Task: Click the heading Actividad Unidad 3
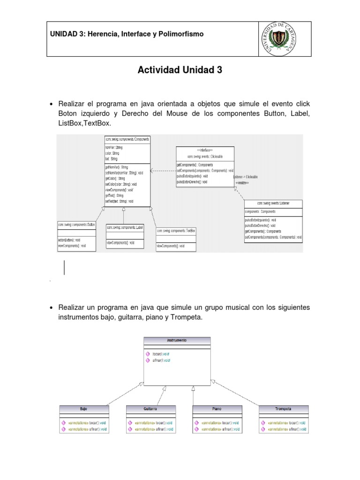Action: pyautogui.click(x=180, y=70)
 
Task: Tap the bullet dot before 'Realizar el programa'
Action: pyautogui.click(x=51, y=104)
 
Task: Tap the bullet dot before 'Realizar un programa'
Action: pyautogui.click(x=51, y=307)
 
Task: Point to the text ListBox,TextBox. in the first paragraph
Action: pyautogui.click(x=85, y=123)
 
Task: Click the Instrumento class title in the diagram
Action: pyautogui.click(x=177, y=340)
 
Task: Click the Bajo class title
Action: pyautogui.click(x=84, y=409)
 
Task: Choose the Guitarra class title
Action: pyautogui.click(x=150, y=409)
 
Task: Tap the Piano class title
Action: pyautogui.click(x=217, y=409)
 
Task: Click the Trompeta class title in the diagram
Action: pyautogui.click(x=284, y=409)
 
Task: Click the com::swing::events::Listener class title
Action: pyautogui.click(x=273, y=203)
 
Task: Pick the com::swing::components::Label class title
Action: pyautogui.click(x=124, y=227)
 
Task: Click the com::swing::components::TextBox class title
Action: pyautogui.click(x=176, y=231)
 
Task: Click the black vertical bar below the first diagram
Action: pyautogui.click(x=64, y=267)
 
